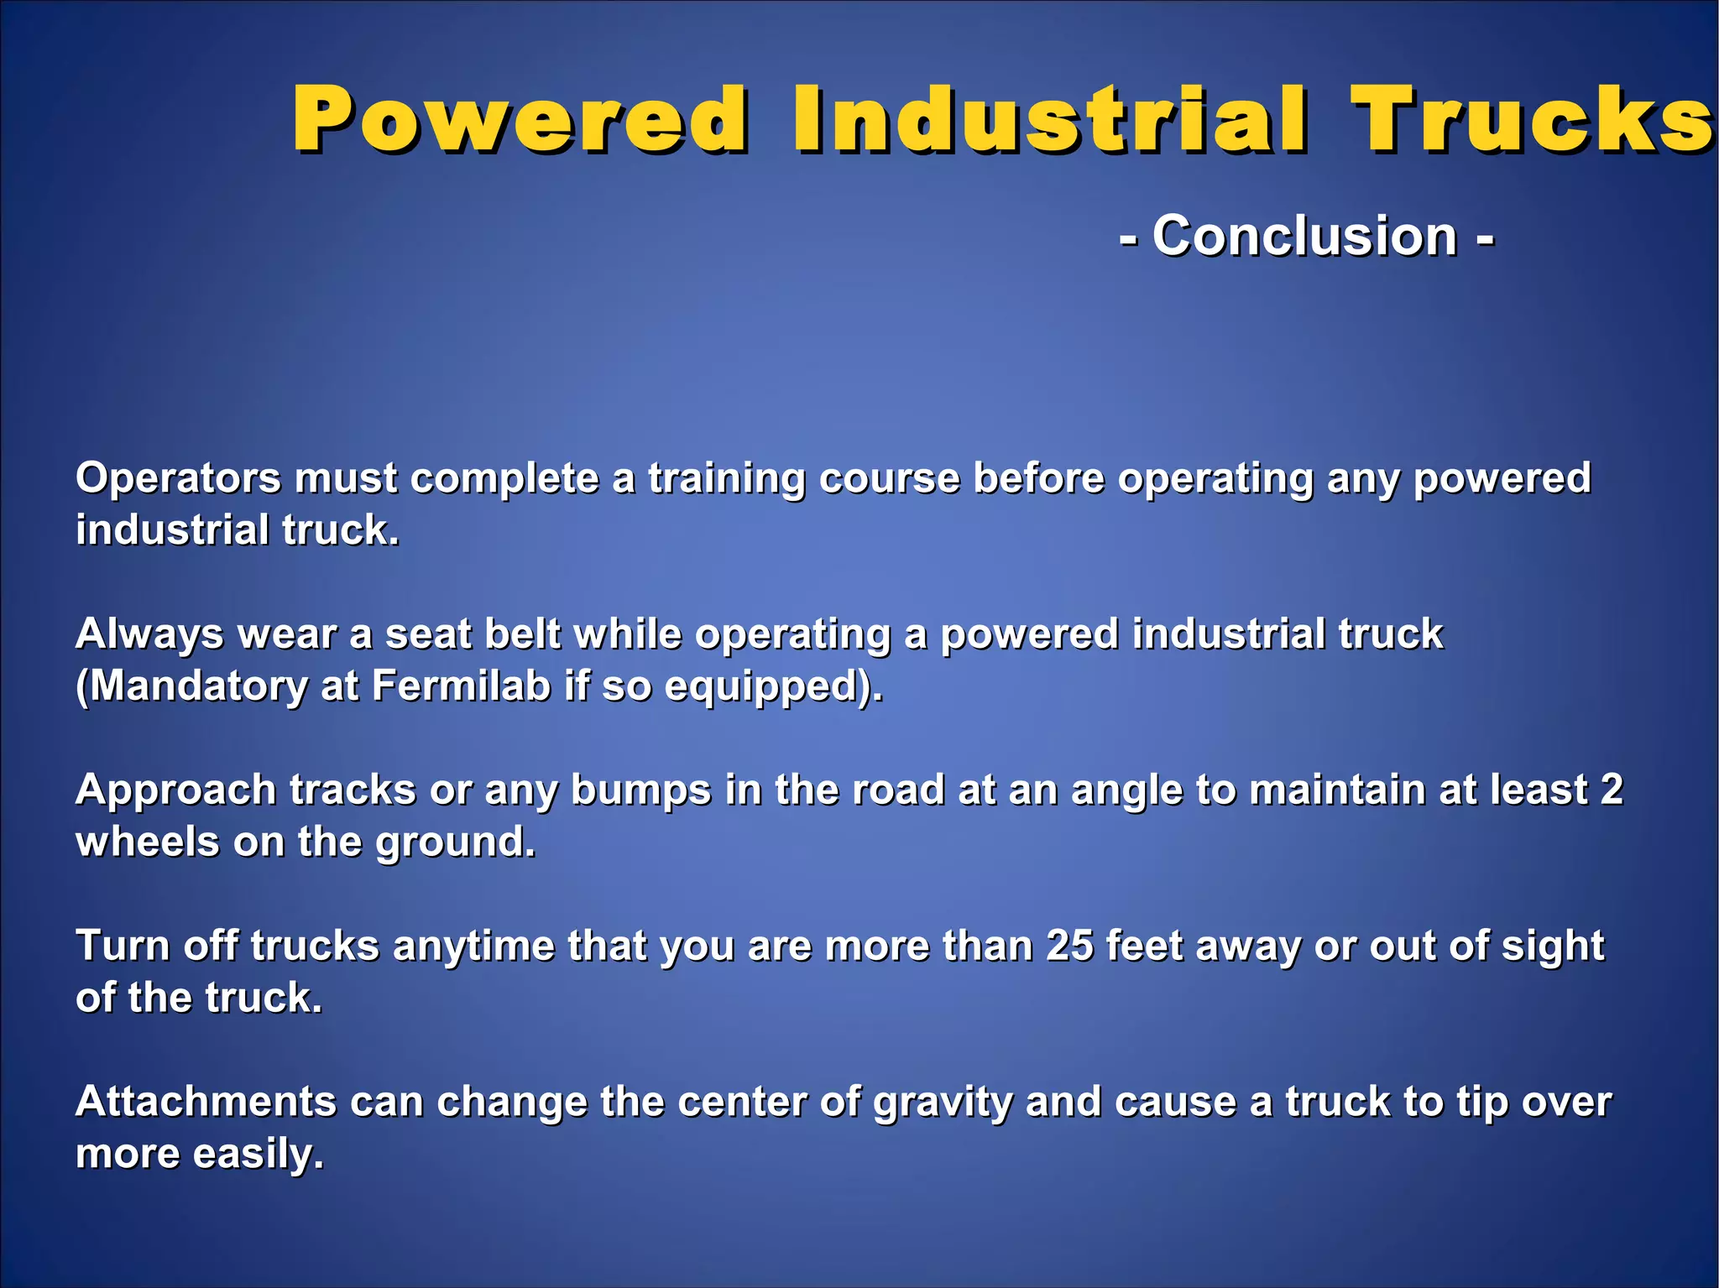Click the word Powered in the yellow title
[520, 120]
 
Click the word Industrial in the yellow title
[1049, 120]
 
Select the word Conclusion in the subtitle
[1304, 236]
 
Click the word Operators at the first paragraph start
[178, 479]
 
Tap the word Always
[149, 634]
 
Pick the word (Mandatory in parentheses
[191, 686]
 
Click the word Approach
[175, 791]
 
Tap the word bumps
[640, 791]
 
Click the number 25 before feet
[1069, 946]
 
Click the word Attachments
[206, 1102]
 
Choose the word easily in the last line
[258, 1155]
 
